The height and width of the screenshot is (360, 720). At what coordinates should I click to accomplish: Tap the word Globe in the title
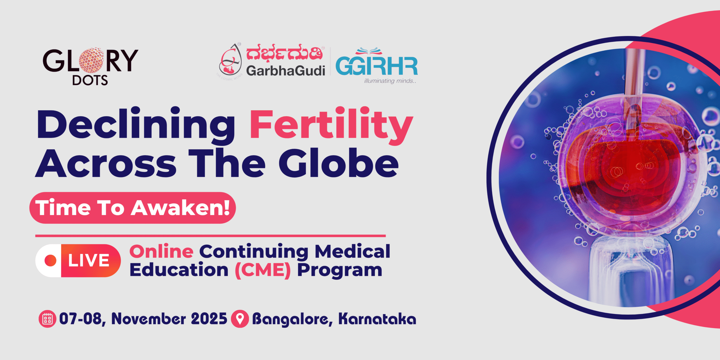(x=339, y=163)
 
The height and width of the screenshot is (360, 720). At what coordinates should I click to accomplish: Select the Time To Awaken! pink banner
(x=132, y=208)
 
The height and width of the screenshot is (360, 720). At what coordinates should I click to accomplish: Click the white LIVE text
(x=89, y=260)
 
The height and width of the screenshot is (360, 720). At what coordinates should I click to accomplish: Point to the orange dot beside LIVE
(x=51, y=260)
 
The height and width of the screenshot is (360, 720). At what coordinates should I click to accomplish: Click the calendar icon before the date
(x=47, y=319)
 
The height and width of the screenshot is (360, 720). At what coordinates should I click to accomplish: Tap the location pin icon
(x=240, y=319)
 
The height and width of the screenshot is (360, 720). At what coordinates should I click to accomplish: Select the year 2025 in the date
(x=209, y=319)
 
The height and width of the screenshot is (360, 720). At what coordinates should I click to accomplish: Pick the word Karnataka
(x=377, y=319)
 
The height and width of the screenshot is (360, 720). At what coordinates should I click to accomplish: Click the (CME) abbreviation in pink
(x=263, y=270)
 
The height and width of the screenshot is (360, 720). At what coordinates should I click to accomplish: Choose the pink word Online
(x=161, y=251)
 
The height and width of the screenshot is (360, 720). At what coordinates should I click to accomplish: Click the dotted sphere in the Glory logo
(x=91, y=60)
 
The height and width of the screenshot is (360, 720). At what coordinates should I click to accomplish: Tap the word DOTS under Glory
(x=90, y=80)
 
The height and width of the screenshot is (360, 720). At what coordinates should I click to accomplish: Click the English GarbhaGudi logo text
(x=286, y=71)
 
